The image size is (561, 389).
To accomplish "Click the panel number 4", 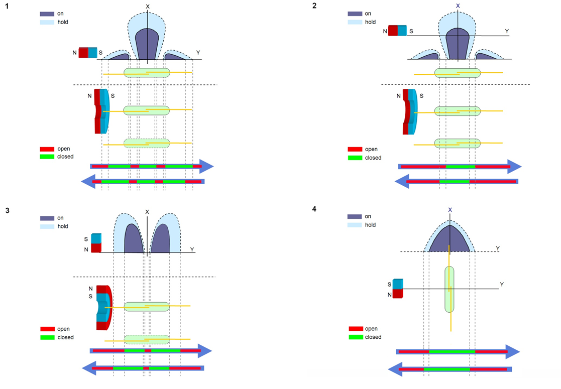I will click(314, 208).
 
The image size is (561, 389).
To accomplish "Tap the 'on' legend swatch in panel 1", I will click(47, 14).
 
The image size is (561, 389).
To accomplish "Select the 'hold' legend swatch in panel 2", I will click(355, 22).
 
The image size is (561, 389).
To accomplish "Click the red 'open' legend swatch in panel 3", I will click(47, 329).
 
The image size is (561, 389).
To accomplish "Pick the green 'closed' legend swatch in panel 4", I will click(355, 337).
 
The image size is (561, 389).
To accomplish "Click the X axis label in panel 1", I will click(147, 7).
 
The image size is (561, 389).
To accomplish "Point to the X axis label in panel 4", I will click(450, 210).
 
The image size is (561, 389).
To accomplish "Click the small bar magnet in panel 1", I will click(88, 53).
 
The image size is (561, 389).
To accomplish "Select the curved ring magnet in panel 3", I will click(103, 307).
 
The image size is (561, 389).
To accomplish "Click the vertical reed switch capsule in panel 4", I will click(450, 289).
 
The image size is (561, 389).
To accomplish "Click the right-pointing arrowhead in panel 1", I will click(207, 166).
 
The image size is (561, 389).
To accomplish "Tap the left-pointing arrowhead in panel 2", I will click(402, 181).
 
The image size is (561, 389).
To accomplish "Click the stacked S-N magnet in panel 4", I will click(398, 288).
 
